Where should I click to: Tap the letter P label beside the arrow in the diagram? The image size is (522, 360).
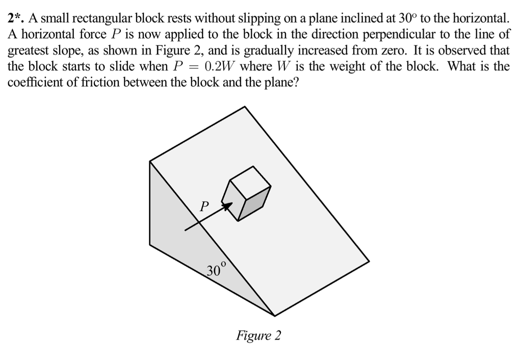click(x=203, y=207)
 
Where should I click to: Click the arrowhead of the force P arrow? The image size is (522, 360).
click(x=229, y=205)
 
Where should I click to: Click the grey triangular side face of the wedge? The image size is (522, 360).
click(x=189, y=245)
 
